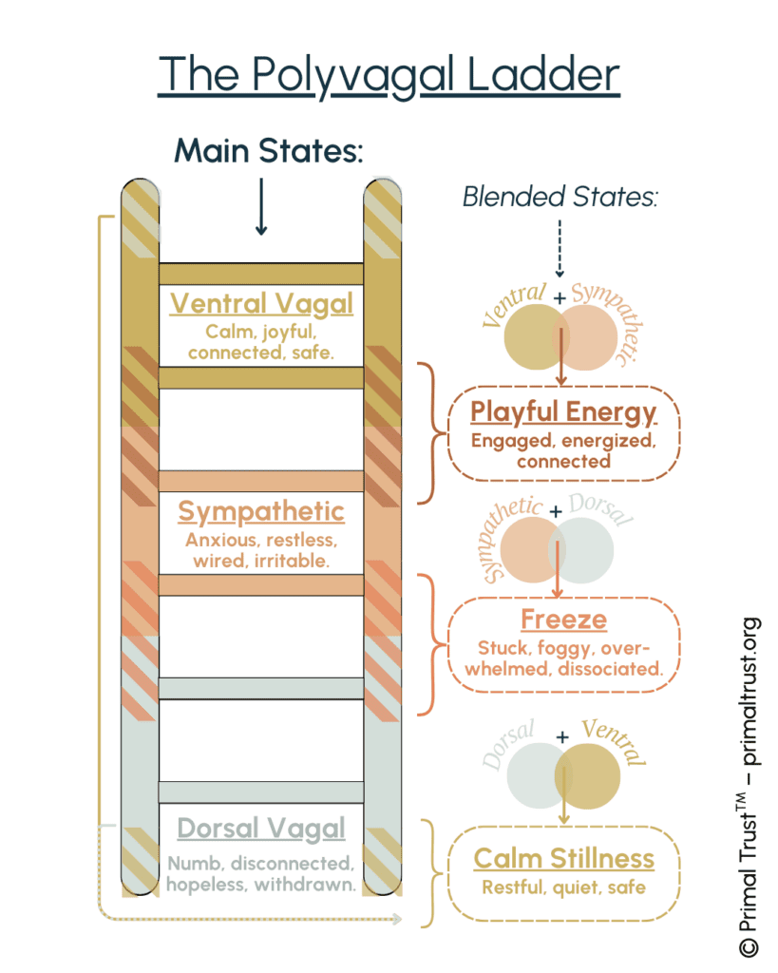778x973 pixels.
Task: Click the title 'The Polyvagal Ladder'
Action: tap(389, 76)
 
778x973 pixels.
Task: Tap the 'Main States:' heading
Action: tap(269, 151)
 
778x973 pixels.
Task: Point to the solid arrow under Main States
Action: tap(261, 206)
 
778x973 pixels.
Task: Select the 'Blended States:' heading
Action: tap(560, 197)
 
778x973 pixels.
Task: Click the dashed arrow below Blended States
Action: tap(560, 248)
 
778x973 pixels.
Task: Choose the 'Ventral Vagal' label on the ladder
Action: tap(261, 303)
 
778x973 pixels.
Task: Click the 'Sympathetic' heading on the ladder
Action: tap(261, 512)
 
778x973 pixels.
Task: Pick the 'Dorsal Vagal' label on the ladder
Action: tap(261, 828)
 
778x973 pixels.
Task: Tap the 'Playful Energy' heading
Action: tap(563, 412)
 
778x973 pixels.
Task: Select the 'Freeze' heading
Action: tap(563, 620)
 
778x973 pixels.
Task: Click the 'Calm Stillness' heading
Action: tap(564, 859)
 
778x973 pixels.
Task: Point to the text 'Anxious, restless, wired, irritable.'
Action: tap(261, 550)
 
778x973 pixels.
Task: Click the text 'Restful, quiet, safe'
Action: tap(564, 887)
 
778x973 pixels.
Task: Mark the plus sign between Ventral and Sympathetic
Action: tap(560, 297)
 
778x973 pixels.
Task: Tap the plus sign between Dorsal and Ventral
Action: tap(562, 737)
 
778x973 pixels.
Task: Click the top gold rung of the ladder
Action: tap(261, 274)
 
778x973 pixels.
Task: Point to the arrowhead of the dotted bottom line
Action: tap(397, 919)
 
